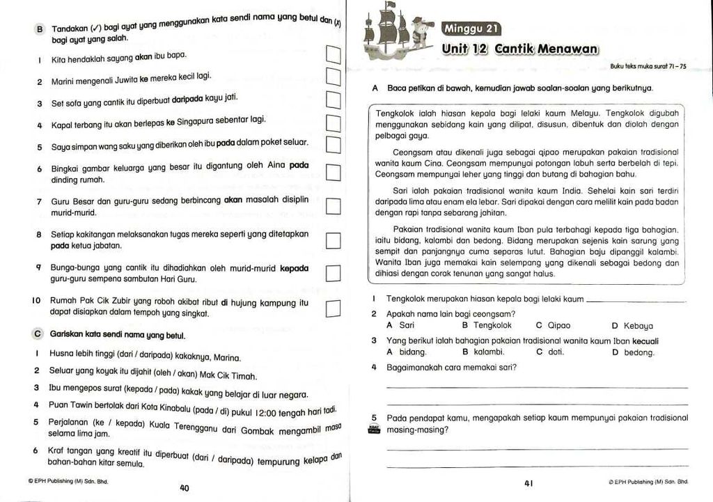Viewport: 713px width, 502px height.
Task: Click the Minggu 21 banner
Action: click(x=471, y=29)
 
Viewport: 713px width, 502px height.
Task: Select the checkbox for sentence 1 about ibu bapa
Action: click(x=333, y=54)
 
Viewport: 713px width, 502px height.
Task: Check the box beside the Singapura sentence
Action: click(x=333, y=124)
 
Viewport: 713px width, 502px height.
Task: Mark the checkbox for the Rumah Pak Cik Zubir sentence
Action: click(x=333, y=308)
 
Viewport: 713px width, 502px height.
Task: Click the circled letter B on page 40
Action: click(x=40, y=29)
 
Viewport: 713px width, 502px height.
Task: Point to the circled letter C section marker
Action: click(x=38, y=334)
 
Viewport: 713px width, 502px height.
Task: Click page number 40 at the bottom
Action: click(x=185, y=488)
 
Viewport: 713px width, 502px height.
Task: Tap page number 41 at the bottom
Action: click(x=528, y=483)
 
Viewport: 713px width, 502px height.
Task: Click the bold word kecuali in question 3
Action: click(x=644, y=340)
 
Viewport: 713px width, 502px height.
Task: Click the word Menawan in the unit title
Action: click(x=562, y=49)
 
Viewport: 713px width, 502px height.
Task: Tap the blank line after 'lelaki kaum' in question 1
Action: click(x=636, y=301)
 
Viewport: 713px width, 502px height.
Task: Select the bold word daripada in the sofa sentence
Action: click(x=191, y=99)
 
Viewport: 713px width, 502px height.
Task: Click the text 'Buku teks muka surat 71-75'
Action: click(x=648, y=67)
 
